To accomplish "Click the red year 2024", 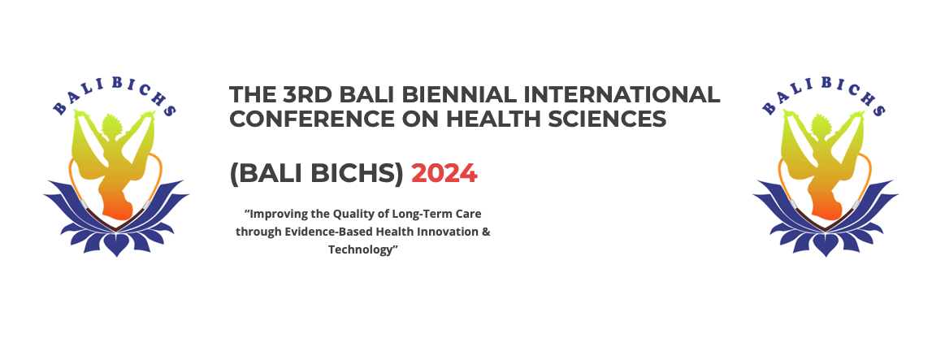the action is click(x=444, y=174).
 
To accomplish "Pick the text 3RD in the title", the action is click(x=307, y=95).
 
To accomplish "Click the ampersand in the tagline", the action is click(x=487, y=232).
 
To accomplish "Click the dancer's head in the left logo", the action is click(x=111, y=126).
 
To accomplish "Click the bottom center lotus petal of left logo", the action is click(x=116, y=245).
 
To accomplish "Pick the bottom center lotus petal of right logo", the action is click(x=826, y=245).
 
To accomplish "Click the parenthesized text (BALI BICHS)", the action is click(x=316, y=174).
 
